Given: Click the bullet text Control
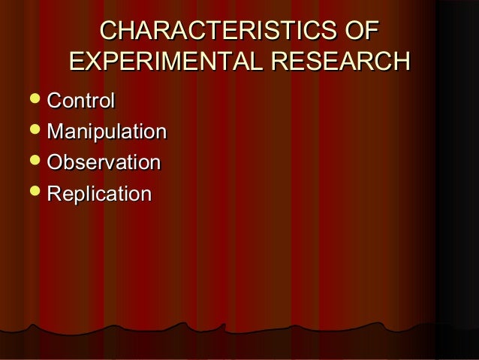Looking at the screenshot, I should tap(80, 101).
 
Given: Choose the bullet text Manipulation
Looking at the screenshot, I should tap(106, 132).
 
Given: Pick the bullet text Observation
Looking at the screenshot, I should tap(104, 163).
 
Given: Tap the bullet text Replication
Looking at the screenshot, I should tap(99, 194).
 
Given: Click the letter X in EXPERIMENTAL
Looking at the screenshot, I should tap(97, 61).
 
